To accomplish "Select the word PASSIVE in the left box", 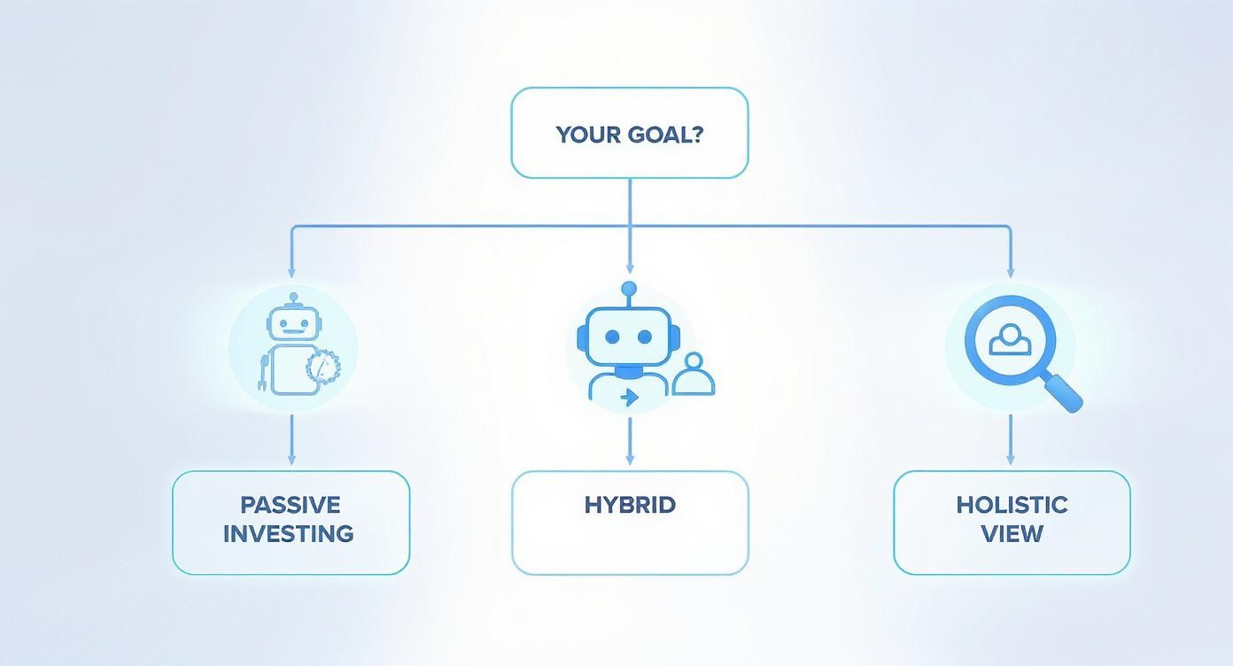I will tap(291, 505).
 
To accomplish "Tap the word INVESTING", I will tap(289, 534).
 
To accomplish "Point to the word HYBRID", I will tap(630, 505).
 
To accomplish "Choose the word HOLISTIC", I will tap(1012, 505).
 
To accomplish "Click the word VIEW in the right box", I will tap(1012, 534).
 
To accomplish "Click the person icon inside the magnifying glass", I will tap(1006, 340).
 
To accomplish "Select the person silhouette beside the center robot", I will tap(693, 376).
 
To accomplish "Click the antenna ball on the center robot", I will tap(629, 288).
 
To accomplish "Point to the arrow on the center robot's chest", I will tap(630, 398).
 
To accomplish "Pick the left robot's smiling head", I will tap(291, 324).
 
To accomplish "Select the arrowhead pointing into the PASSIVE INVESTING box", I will tap(291, 460).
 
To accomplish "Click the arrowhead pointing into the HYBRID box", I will tap(630, 460).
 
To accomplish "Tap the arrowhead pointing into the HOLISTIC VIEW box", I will tap(1011, 460).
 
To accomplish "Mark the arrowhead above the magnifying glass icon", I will tap(1011, 272).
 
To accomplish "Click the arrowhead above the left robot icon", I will tap(291, 272).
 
